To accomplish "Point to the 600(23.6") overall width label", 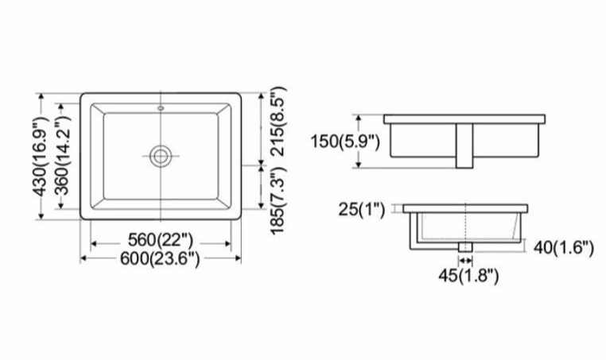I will click(x=161, y=258).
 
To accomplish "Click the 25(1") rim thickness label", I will click(x=361, y=210).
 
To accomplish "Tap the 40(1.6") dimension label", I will click(x=564, y=249).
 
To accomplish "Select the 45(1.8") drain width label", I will click(x=467, y=276).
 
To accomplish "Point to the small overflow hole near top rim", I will click(x=161, y=106).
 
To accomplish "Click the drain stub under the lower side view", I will click(x=466, y=247).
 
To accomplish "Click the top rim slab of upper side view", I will click(x=466, y=119).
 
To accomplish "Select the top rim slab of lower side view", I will click(x=466, y=208).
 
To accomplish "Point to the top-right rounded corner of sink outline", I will click(x=238, y=95).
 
